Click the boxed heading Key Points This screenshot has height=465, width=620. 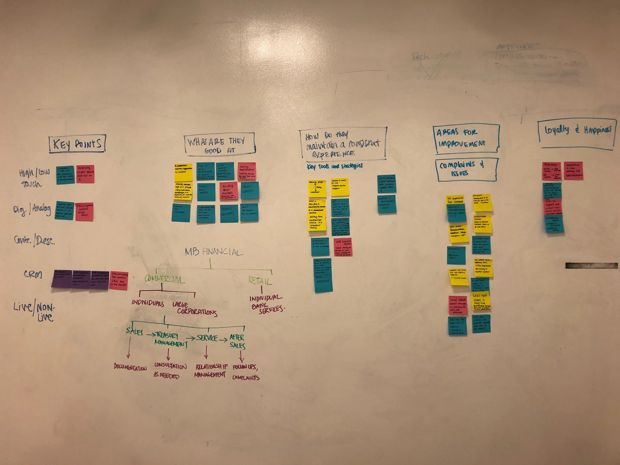[77, 144]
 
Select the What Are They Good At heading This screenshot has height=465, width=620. [219, 144]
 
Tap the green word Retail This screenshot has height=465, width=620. [260, 280]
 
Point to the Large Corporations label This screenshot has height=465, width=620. [195, 308]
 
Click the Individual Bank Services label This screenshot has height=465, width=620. [266, 303]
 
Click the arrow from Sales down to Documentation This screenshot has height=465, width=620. [129, 347]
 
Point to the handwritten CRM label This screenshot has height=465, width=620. [33, 274]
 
